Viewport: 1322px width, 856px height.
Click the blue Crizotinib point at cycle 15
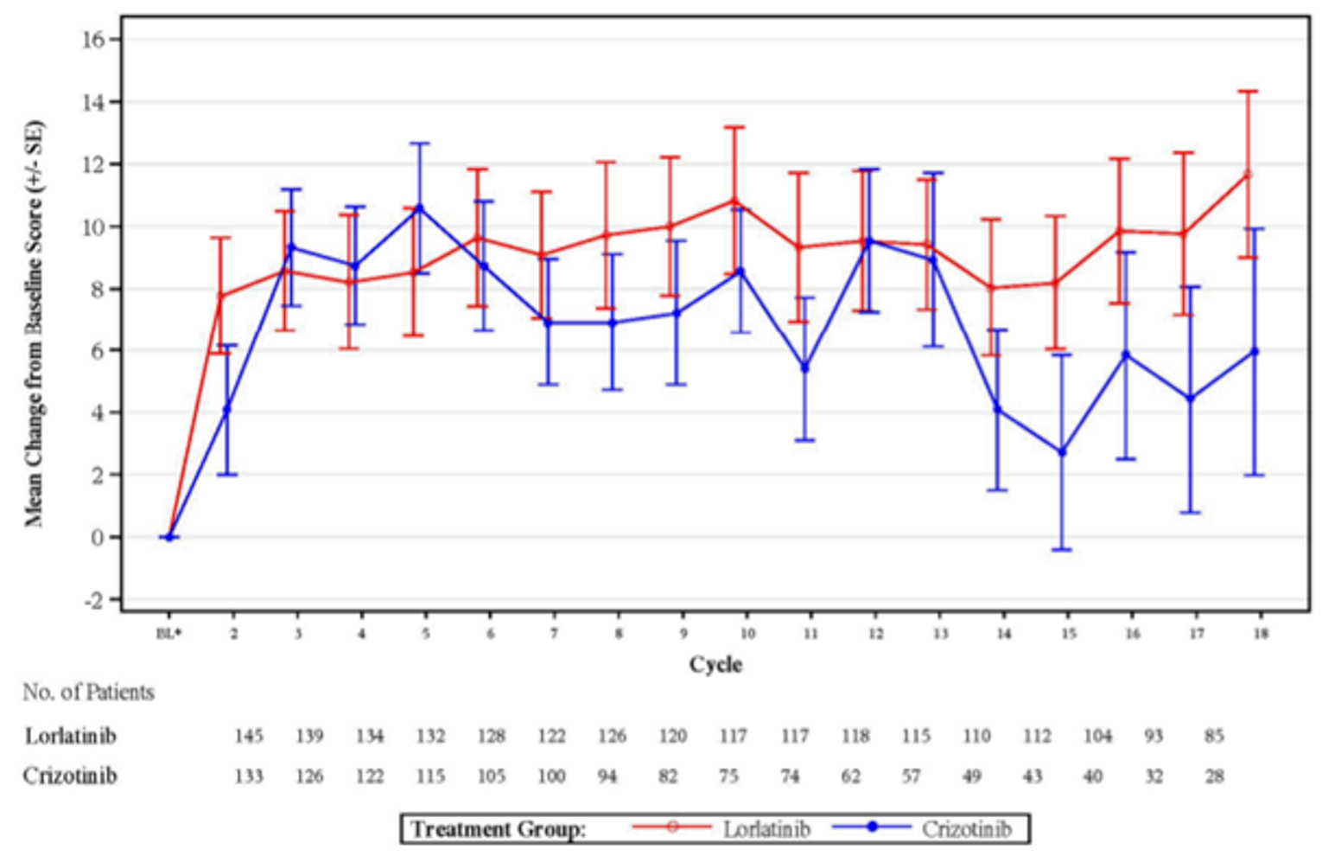click(x=1062, y=452)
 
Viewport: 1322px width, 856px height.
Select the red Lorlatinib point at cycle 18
click(x=1247, y=175)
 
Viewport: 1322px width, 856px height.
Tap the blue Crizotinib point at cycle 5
click(x=420, y=208)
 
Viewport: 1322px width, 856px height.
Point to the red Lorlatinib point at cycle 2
click(x=221, y=296)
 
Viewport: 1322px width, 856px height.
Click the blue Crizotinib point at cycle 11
click(x=805, y=367)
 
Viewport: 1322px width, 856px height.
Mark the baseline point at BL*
click(x=169, y=537)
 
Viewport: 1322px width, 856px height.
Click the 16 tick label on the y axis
click(x=92, y=40)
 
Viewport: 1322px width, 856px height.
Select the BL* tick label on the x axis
click(x=168, y=634)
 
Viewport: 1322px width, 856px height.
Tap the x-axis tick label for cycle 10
click(x=747, y=634)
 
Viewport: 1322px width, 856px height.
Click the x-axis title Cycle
click(x=715, y=664)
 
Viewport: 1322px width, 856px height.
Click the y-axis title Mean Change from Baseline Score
click(x=34, y=324)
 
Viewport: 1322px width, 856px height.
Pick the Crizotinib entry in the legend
click(x=965, y=829)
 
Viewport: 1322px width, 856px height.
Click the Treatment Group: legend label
click(x=499, y=829)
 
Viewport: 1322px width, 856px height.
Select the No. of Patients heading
click(x=88, y=693)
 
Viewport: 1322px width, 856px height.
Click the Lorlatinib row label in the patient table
click(x=70, y=736)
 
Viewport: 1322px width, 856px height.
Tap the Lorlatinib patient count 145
click(x=249, y=736)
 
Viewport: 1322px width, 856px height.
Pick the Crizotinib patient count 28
click(x=1214, y=776)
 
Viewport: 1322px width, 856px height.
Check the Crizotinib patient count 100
click(x=551, y=776)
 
